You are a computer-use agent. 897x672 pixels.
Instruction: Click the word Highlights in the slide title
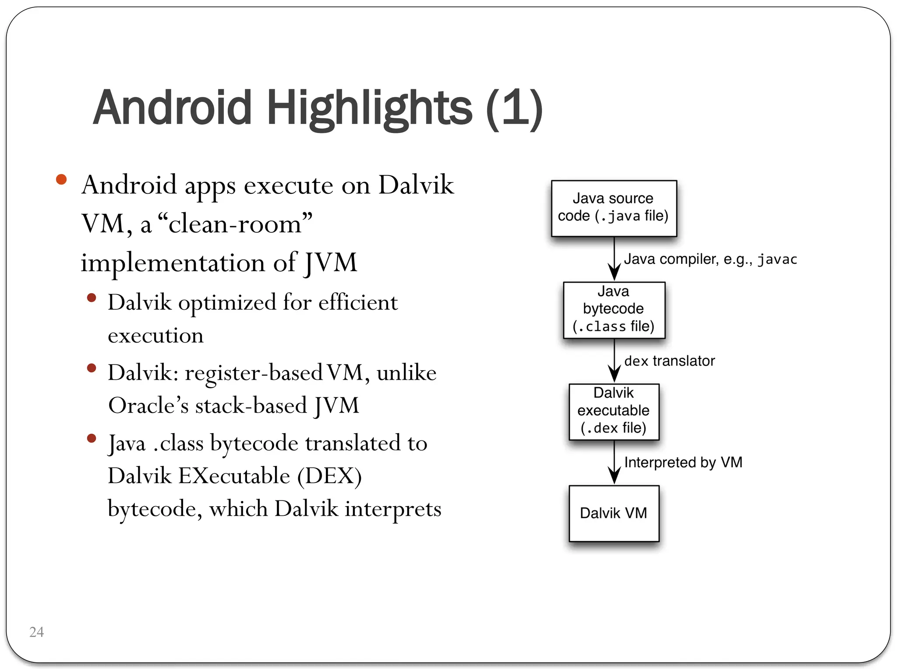coord(369,108)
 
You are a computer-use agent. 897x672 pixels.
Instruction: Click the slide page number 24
coord(36,632)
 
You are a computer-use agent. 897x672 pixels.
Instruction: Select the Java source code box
coord(614,208)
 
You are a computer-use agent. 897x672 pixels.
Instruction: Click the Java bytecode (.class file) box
coord(614,310)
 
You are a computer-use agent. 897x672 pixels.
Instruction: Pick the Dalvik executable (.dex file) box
coord(614,411)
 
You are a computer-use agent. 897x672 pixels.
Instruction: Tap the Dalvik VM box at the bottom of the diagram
coord(614,513)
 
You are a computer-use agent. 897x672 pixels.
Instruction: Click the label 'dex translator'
coord(669,361)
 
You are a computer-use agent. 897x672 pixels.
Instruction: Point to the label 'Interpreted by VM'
coord(683,462)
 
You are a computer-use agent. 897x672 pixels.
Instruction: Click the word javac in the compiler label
coord(777,259)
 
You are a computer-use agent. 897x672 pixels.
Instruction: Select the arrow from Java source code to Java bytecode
coord(614,259)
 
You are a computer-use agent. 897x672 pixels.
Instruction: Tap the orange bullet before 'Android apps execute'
coord(61,179)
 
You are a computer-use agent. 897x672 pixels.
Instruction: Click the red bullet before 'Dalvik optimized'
coord(92,298)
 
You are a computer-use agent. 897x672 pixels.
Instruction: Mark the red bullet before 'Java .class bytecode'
coord(92,438)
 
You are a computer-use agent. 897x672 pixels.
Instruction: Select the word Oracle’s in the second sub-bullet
coord(148,406)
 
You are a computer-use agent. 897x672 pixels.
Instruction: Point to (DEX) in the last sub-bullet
coord(329,476)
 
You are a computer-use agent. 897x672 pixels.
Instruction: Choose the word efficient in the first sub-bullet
coord(358,302)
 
